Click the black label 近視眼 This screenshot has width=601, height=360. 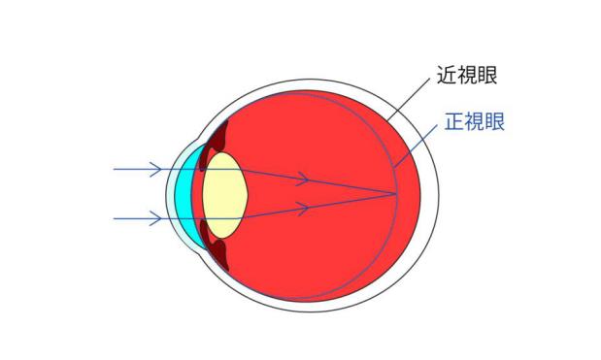pyautogui.click(x=467, y=76)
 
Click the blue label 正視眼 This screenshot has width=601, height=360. pyautogui.click(x=474, y=123)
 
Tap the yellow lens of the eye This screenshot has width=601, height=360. pyautogui.click(x=227, y=193)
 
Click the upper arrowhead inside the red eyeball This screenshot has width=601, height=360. pyautogui.click(x=304, y=180)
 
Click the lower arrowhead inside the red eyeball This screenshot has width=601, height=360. pyautogui.click(x=304, y=207)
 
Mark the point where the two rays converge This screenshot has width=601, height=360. pyautogui.click(x=397, y=194)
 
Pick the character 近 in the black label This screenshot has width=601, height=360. pyautogui.click(x=445, y=76)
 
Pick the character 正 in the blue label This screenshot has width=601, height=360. pyautogui.click(x=451, y=123)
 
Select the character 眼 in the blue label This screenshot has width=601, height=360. pyautogui.click(x=496, y=123)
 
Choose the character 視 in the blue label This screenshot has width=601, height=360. pyautogui.click(x=474, y=123)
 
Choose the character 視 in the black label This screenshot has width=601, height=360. pyautogui.click(x=467, y=76)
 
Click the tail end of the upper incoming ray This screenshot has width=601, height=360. pyautogui.click(x=115, y=170)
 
